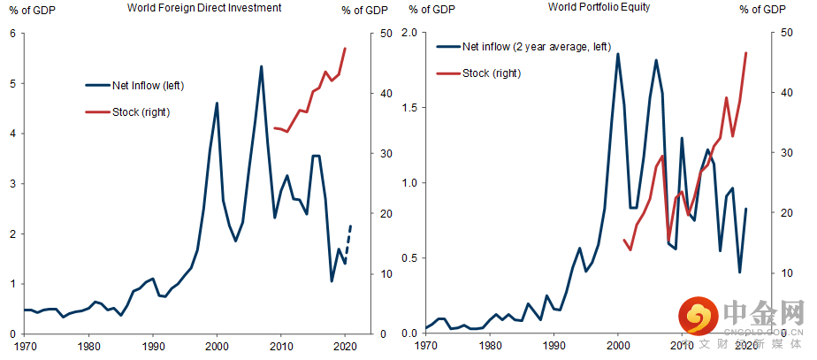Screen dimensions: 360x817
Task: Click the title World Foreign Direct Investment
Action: click(x=204, y=8)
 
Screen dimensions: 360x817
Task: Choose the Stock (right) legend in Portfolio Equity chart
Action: click(x=492, y=73)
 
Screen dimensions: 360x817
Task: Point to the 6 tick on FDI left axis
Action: click(x=12, y=34)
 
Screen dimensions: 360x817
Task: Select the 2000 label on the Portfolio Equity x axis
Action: click(x=617, y=345)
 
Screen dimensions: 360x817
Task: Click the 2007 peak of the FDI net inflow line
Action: click(x=261, y=66)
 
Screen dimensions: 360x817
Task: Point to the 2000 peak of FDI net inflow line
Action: click(x=217, y=103)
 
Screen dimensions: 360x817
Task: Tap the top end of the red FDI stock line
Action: click(x=345, y=49)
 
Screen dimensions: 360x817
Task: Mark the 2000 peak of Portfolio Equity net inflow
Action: click(x=617, y=54)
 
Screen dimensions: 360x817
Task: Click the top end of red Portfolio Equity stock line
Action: click(x=746, y=53)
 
